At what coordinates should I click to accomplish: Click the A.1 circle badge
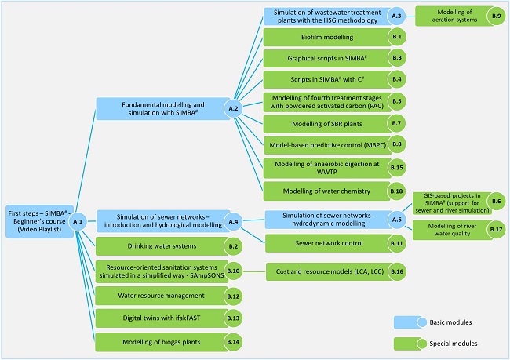77,222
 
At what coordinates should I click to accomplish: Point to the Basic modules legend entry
442,322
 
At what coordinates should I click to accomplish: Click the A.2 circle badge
233,107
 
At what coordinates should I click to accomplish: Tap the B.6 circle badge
495,201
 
